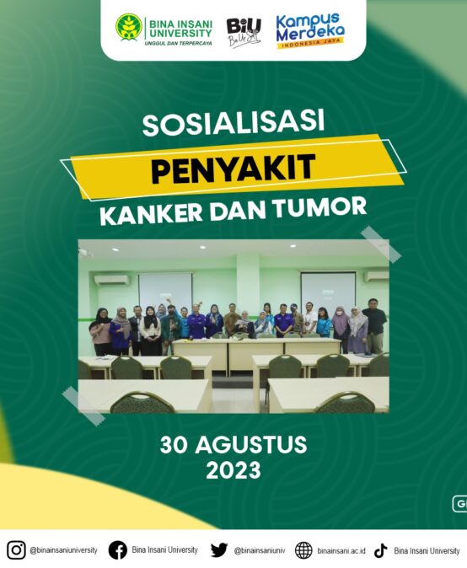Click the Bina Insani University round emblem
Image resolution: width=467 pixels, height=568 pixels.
129,27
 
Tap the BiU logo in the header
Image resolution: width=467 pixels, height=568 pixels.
244,32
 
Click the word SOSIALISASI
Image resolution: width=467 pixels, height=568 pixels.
233,123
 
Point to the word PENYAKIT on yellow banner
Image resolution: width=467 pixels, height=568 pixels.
233,168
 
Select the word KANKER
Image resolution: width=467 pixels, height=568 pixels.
151,214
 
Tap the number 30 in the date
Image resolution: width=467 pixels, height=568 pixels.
174,445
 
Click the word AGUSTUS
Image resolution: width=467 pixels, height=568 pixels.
251,445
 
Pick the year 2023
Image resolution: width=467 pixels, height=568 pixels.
233,470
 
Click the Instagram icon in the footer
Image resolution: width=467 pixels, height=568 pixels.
16,550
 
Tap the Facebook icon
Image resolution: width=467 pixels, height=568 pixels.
118,550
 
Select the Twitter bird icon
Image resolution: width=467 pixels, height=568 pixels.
219,550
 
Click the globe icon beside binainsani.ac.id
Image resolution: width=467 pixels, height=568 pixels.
303,550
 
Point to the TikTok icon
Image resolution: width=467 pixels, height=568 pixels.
381,550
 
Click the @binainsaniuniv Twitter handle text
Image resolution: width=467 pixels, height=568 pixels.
260,550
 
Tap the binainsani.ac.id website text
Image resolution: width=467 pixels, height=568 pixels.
341,551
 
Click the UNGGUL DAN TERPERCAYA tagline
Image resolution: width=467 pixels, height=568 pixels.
178,44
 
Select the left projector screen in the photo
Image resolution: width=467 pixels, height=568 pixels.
165,289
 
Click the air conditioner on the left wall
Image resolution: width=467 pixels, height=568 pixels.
111,280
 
